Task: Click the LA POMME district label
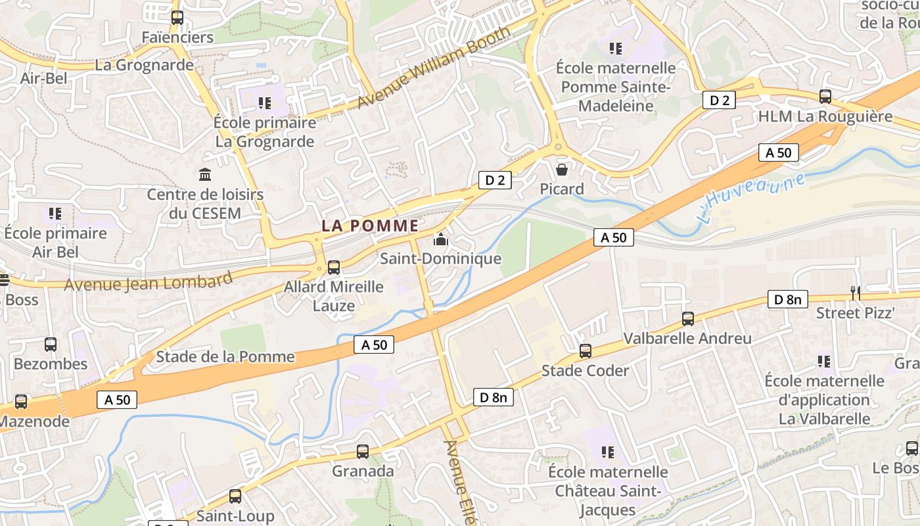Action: click(x=370, y=226)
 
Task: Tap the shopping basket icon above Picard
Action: click(x=562, y=170)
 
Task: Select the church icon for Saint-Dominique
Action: click(x=441, y=240)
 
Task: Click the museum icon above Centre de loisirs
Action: click(x=205, y=175)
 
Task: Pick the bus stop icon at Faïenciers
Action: click(x=177, y=18)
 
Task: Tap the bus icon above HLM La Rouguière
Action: click(x=825, y=97)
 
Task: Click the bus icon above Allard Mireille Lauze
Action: click(x=334, y=267)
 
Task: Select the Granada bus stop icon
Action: click(x=363, y=452)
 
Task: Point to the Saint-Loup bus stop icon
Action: click(x=235, y=496)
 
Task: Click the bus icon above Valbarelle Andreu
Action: click(x=688, y=319)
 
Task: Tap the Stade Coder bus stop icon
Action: click(x=586, y=351)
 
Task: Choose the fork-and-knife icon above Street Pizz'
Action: click(x=855, y=293)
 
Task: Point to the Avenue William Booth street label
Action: click(x=434, y=67)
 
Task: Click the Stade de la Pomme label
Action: click(x=225, y=357)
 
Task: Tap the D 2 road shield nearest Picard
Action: click(x=495, y=179)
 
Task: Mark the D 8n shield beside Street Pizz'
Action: click(x=788, y=299)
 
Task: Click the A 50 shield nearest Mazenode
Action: click(x=118, y=399)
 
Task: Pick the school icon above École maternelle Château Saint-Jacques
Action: click(x=608, y=452)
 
